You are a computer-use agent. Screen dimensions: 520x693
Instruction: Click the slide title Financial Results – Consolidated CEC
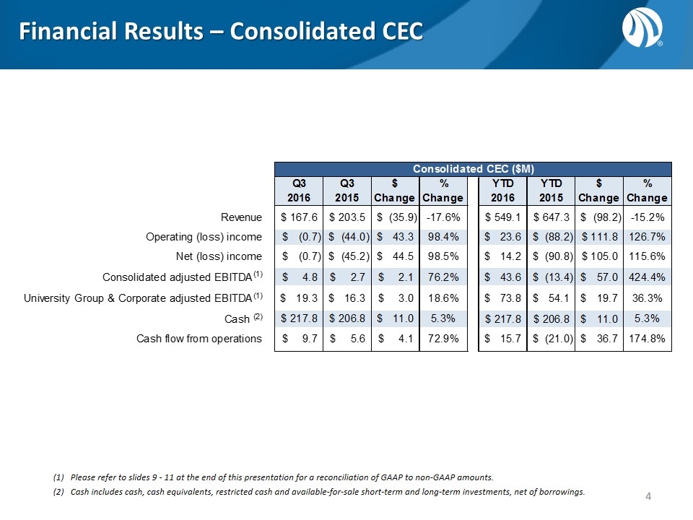pyautogui.click(x=220, y=32)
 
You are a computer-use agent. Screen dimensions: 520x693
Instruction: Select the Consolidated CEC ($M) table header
pyautogui.click(x=473, y=168)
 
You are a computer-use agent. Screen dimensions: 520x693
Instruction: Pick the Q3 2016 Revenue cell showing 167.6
pyautogui.click(x=298, y=216)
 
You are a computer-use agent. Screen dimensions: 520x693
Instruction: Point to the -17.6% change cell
pyautogui.click(x=443, y=216)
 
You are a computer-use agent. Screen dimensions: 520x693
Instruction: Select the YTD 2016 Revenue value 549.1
pyautogui.click(x=504, y=216)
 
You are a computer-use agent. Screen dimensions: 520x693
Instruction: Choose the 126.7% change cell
pyautogui.click(x=648, y=236)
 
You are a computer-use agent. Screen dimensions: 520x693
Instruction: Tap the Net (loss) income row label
pyautogui.click(x=217, y=256)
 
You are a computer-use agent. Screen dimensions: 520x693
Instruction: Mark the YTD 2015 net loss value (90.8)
pyautogui.click(x=552, y=256)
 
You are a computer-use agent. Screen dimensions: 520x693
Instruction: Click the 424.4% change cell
pyautogui.click(x=648, y=277)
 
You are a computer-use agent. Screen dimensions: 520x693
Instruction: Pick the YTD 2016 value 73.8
pyautogui.click(x=504, y=298)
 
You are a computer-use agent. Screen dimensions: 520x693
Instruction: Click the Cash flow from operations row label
pyautogui.click(x=199, y=339)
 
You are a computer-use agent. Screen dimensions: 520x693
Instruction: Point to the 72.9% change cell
pyautogui.click(x=443, y=339)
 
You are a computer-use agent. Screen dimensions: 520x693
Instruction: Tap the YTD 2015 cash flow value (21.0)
pyautogui.click(x=552, y=339)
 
